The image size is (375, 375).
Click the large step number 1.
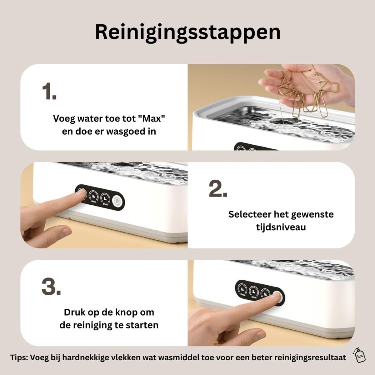pos(49,91)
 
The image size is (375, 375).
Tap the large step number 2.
pos(218,189)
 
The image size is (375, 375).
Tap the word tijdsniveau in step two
pos(281,227)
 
